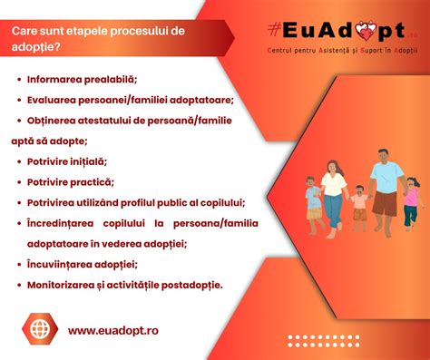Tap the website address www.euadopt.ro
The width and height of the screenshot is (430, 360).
(x=112, y=330)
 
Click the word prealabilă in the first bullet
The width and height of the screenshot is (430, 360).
(x=116, y=80)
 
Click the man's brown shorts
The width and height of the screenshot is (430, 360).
(x=384, y=204)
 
